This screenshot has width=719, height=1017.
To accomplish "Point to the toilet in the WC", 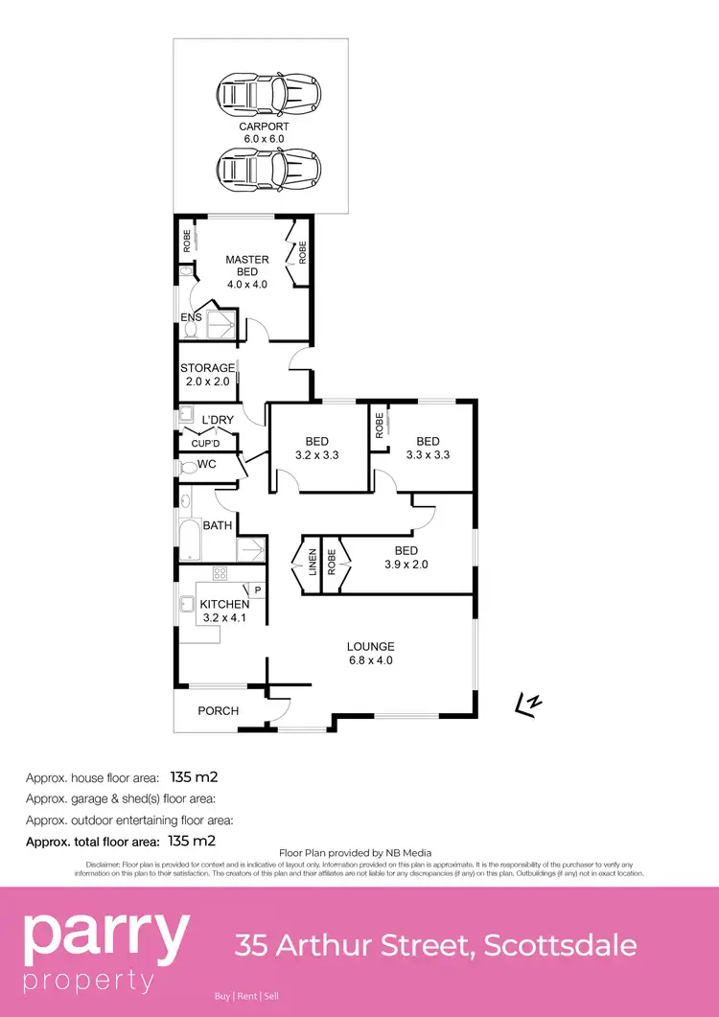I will [x=186, y=467].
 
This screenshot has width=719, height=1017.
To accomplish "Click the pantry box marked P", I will [x=257, y=590].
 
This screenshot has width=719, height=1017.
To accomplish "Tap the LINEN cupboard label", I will [x=312, y=562].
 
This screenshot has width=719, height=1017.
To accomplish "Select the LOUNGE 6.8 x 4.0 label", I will [x=371, y=653].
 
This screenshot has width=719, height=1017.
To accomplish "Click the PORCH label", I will [x=218, y=710].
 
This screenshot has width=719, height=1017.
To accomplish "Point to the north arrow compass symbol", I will [x=526, y=705].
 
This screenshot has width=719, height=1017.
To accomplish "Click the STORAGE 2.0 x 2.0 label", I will [x=208, y=374].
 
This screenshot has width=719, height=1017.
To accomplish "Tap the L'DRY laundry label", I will [x=218, y=420].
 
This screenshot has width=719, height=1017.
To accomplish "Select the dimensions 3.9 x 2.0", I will [x=406, y=565].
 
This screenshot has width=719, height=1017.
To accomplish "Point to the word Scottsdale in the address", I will [x=560, y=945].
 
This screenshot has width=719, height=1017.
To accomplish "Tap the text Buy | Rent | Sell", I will [x=248, y=997].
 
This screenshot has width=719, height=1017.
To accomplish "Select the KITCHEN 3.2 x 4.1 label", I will [x=224, y=611].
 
